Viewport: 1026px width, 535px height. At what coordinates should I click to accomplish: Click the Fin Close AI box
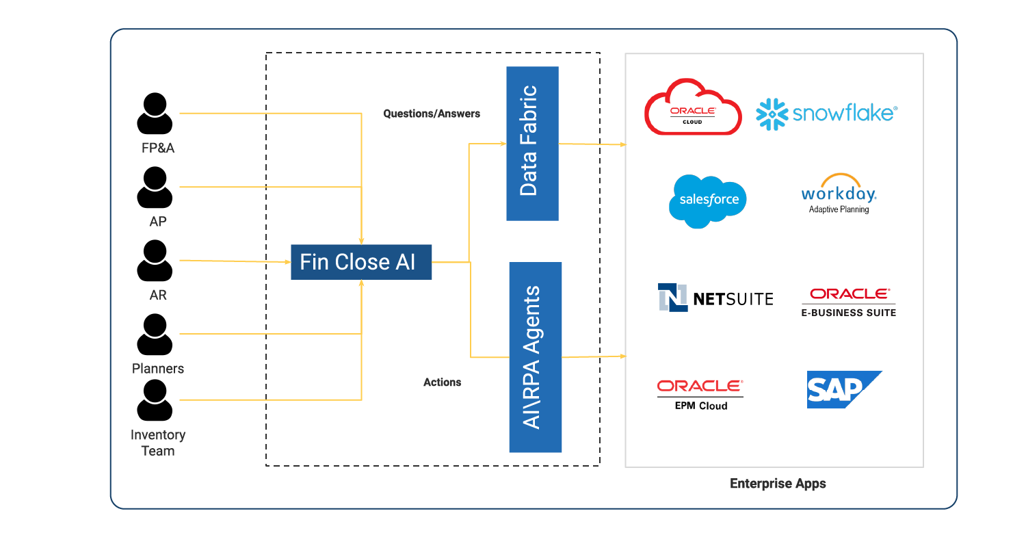pyautogui.click(x=361, y=262)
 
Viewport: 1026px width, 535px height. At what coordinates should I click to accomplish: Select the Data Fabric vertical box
pyautogui.click(x=532, y=143)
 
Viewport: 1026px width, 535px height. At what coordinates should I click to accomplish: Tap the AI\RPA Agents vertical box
pyautogui.click(x=535, y=357)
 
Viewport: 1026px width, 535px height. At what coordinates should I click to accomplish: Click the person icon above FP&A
pyautogui.click(x=155, y=114)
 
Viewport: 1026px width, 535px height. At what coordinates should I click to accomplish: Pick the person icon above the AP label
pyautogui.click(x=155, y=187)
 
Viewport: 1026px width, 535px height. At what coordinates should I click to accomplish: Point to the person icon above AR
pyautogui.click(x=155, y=261)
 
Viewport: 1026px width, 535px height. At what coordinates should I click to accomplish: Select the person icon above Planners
pyautogui.click(x=155, y=335)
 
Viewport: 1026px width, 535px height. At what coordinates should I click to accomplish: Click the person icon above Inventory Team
pyautogui.click(x=155, y=400)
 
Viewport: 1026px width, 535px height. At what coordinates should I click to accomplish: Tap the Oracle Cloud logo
pyautogui.click(x=693, y=107)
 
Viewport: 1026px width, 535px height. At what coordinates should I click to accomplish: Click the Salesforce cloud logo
pyautogui.click(x=708, y=200)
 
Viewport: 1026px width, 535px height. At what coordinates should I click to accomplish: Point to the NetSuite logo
pyautogui.click(x=715, y=298)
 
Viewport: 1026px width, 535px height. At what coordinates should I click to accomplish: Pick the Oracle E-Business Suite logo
pyautogui.click(x=849, y=302)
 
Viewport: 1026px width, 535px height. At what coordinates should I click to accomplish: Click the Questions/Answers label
pyautogui.click(x=432, y=114)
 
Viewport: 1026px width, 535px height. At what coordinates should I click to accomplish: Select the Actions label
pyautogui.click(x=442, y=382)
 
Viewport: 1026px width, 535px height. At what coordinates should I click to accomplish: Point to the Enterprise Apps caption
pyautogui.click(x=778, y=484)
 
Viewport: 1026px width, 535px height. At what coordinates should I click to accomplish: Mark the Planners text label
pyautogui.click(x=158, y=369)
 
